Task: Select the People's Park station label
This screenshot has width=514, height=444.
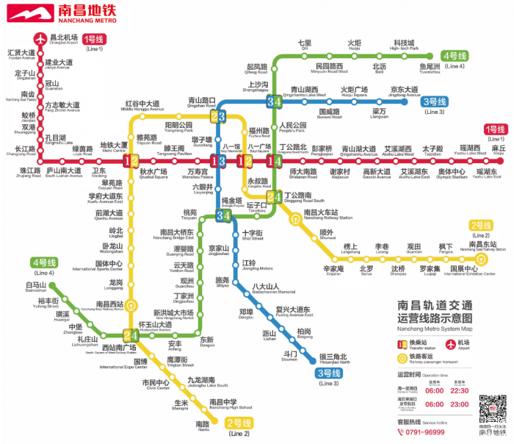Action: pos(293,127)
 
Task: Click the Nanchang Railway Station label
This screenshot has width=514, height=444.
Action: pos(327,215)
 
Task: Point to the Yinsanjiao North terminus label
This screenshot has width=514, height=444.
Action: pos(334,359)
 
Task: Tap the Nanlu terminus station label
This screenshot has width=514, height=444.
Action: pos(203,425)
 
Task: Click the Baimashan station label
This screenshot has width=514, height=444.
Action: pos(36,287)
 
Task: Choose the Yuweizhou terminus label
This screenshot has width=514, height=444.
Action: pos(430,68)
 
